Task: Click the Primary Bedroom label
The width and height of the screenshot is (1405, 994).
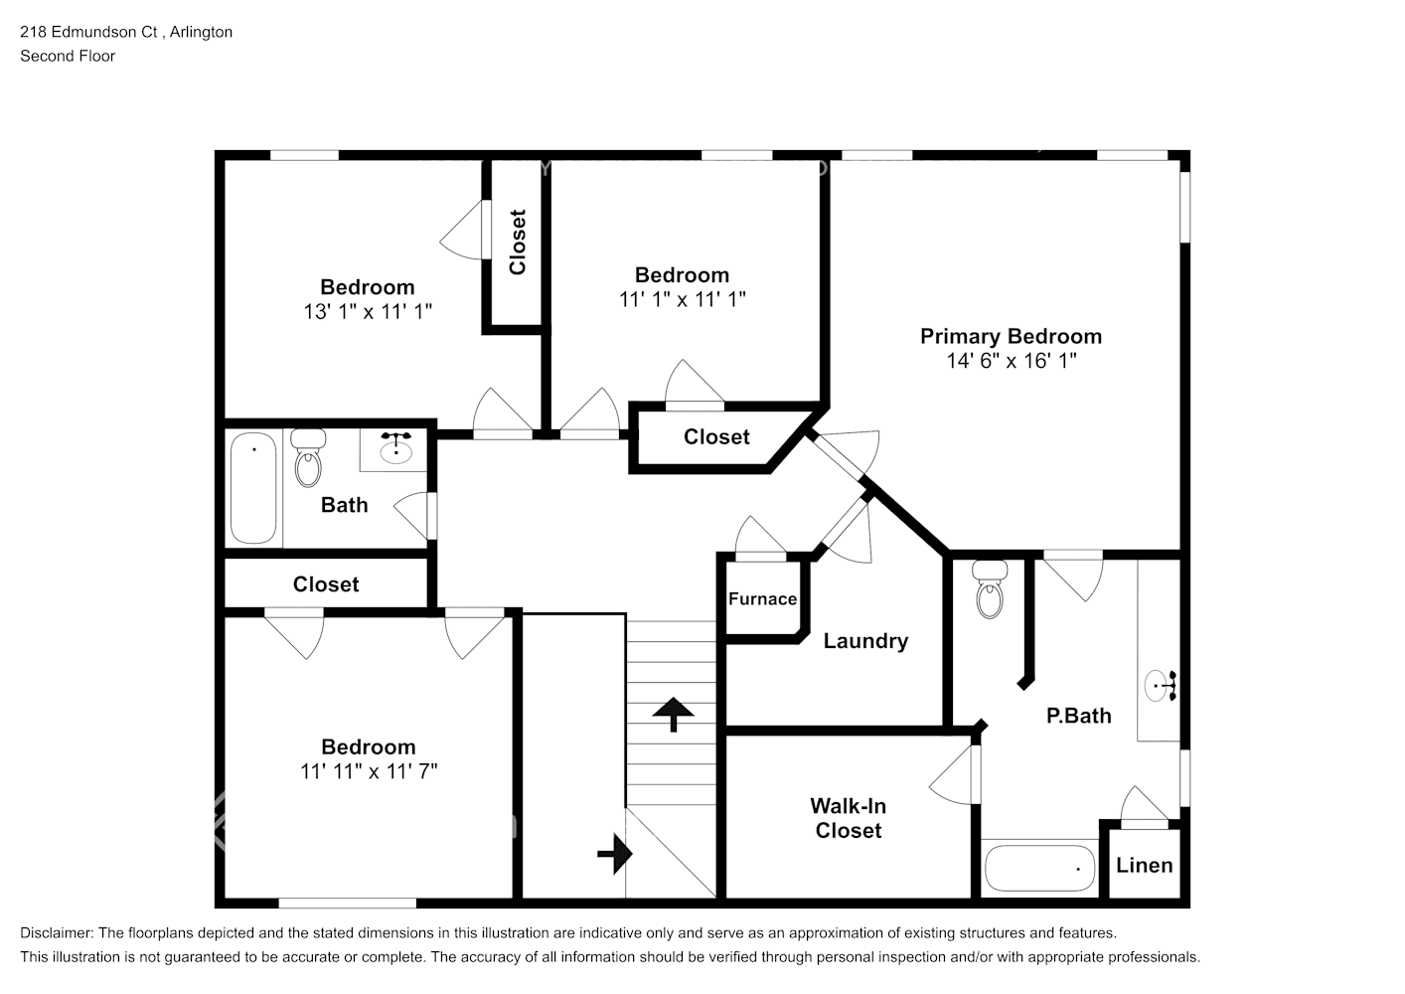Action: pyautogui.click(x=1011, y=336)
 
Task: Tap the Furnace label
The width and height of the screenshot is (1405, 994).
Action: pyautogui.click(x=762, y=598)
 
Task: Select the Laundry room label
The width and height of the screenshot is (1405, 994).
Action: pyautogui.click(x=865, y=641)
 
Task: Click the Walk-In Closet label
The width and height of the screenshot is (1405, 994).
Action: pyautogui.click(x=848, y=818)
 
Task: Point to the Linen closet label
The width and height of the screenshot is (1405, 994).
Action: pyautogui.click(x=1144, y=865)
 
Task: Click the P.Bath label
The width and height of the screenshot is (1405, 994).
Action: pyautogui.click(x=1078, y=716)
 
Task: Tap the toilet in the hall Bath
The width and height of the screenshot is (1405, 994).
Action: pyautogui.click(x=308, y=458)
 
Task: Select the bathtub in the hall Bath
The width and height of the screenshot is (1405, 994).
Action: pyautogui.click(x=253, y=487)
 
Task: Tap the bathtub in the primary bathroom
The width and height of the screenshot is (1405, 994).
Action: pyautogui.click(x=1039, y=869)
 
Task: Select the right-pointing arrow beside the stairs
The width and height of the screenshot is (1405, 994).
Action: pyautogui.click(x=616, y=853)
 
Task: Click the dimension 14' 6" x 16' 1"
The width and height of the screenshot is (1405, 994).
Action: pyautogui.click(x=1011, y=361)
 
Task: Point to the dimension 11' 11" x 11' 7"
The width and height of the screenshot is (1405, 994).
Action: pyautogui.click(x=369, y=770)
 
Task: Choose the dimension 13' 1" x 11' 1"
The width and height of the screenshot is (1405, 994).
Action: pyautogui.click(x=368, y=311)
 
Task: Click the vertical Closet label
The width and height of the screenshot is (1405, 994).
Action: pyautogui.click(x=517, y=242)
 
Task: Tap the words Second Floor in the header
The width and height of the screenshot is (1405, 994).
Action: pyautogui.click(x=68, y=56)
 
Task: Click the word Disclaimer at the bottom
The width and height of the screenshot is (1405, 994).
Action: pyautogui.click(x=56, y=933)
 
